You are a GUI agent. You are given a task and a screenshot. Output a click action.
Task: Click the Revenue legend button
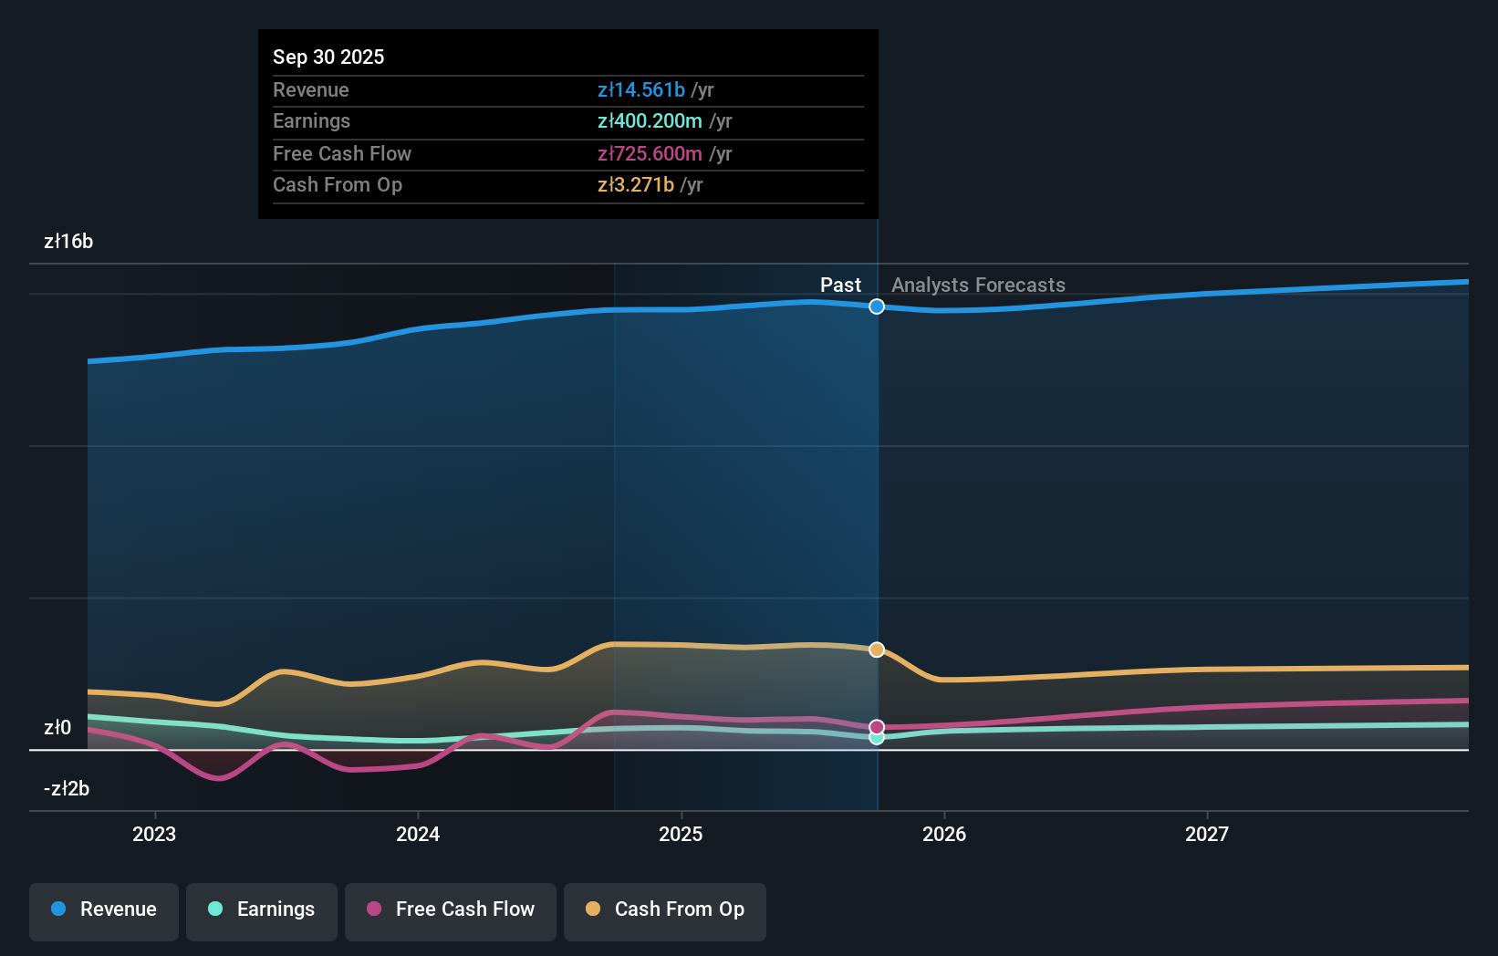(104, 910)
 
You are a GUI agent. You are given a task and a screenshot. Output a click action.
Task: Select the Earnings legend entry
(262, 910)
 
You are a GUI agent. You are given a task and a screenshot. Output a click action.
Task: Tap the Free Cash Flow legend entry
(451, 910)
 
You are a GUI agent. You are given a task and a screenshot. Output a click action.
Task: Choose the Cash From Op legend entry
(665, 910)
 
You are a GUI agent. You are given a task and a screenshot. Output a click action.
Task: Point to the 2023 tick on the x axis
(154, 834)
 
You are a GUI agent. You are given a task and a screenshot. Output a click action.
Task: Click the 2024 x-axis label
(418, 834)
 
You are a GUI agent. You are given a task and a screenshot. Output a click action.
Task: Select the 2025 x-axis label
(681, 834)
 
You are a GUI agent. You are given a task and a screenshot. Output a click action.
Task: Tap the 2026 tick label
(944, 834)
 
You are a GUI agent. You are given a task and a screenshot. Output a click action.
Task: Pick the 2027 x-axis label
(1207, 834)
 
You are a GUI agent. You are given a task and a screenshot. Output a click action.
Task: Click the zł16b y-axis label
(68, 242)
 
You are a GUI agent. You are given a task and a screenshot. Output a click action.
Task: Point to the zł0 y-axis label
(57, 728)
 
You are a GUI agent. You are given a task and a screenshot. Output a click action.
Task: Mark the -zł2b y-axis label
(67, 789)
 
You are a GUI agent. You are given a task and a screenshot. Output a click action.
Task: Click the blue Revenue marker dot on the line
(877, 307)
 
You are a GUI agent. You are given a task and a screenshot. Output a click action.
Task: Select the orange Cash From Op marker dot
(877, 649)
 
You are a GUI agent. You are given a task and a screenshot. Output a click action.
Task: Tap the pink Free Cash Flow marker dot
(877, 727)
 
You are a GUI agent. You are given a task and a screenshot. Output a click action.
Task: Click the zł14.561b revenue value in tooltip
(641, 89)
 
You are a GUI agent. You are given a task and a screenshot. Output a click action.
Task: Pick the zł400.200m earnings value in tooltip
(650, 121)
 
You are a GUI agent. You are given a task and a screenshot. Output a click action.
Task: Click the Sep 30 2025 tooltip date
(328, 57)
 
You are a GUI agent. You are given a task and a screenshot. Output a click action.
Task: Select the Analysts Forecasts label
(978, 286)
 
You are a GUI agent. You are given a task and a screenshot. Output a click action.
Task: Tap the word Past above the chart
(840, 286)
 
